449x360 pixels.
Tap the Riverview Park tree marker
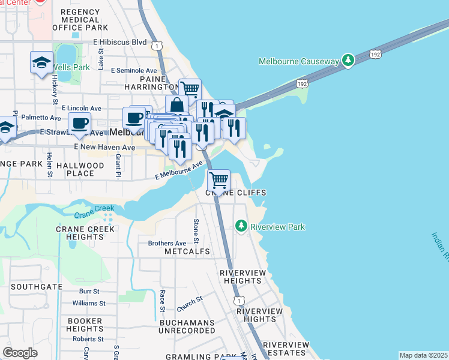coord(241,226)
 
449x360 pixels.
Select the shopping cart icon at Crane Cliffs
coord(218,179)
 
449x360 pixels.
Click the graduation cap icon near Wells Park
coord(41,62)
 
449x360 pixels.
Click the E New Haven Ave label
coord(104,146)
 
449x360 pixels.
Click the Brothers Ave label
coord(167,243)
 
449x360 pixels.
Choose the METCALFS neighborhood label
coord(187,251)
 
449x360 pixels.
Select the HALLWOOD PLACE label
coord(80,169)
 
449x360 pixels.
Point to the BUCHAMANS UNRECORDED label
coord(187,327)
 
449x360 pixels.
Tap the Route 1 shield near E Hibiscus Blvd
coord(157,46)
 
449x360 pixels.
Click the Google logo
coord(20,352)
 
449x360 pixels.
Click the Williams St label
coord(88,304)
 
